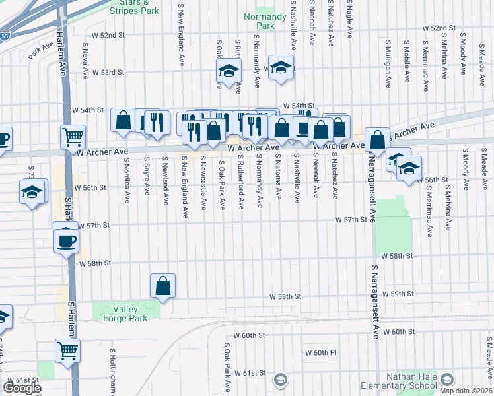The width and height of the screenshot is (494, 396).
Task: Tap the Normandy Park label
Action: (258, 21)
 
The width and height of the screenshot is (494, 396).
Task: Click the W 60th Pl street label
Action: (320, 353)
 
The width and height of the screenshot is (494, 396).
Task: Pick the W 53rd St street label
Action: (108, 72)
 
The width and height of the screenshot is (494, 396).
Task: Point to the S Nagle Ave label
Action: (349, 20)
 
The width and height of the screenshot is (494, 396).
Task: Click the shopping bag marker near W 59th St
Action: (162, 286)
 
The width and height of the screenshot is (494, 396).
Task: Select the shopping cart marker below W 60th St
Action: (67, 351)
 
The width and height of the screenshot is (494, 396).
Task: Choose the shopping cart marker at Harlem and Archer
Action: (73, 137)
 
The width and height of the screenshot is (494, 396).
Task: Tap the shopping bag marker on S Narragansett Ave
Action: (376, 140)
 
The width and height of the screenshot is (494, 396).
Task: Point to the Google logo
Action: (22, 388)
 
